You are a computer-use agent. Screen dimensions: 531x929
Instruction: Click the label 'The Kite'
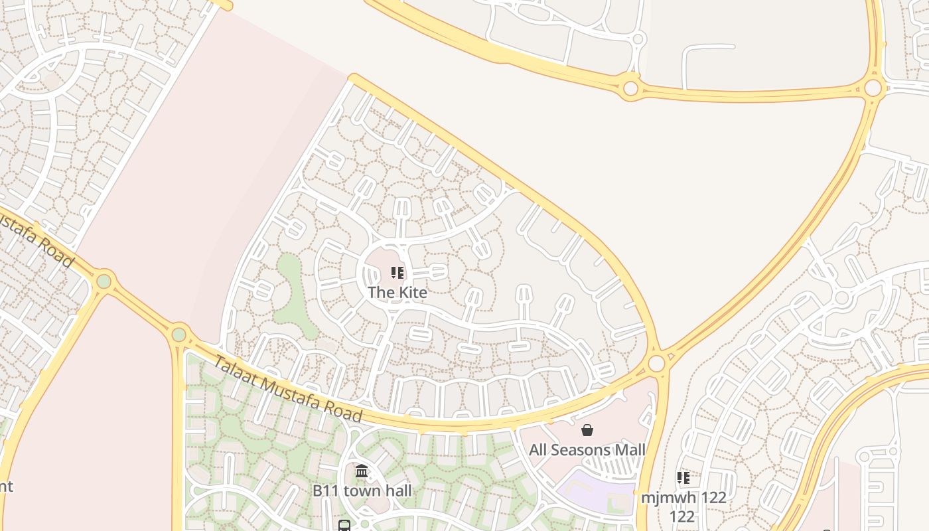pyautogui.click(x=397, y=292)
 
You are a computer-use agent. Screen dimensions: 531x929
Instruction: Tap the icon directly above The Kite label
pyautogui.click(x=397, y=273)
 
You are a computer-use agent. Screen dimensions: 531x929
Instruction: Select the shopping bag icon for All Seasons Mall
pyautogui.click(x=587, y=430)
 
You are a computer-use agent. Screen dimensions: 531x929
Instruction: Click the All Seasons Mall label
pyautogui.click(x=587, y=450)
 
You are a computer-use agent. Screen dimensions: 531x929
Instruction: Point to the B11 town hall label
pyautogui.click(x=362, y=491)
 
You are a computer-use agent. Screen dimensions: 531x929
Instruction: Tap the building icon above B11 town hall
pyautogui.click(x=362, y=471)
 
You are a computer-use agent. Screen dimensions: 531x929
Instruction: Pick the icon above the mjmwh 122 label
pyautogui.click(x=683, y=477)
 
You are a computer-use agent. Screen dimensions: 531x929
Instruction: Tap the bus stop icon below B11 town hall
pyautogui.click(x=344, y=526)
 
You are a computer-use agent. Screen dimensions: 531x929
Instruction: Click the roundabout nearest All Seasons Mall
pyautogui.click(x=656, y=363)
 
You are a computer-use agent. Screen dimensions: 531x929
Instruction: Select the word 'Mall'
pyautogui.click(x=630, y=450)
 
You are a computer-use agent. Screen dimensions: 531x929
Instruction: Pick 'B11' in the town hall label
pyautogui.click(x=326, y=491)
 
